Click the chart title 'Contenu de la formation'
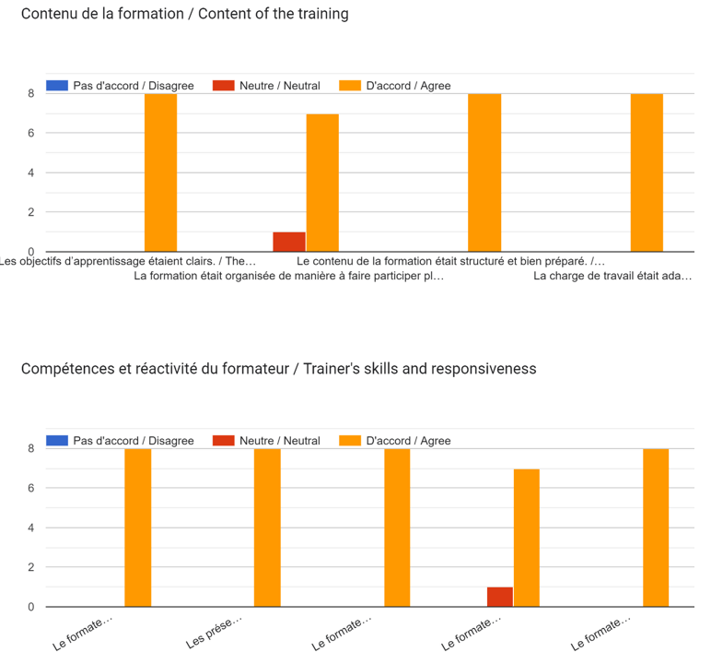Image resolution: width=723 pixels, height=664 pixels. tap(184, 15)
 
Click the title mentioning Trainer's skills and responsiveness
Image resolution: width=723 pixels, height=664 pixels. tap(278, 369)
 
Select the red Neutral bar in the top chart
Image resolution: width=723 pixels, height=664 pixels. tap(288, 242)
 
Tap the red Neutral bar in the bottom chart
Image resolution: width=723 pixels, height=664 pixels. tap(499, 597)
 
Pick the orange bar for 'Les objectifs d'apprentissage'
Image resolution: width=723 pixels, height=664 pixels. tap(160, 172)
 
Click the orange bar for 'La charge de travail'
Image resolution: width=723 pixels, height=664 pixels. tap(647, 172)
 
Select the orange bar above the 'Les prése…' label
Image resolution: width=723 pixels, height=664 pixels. tap(267, 528)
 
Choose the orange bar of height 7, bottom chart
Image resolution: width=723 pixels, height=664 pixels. tap(526, 538)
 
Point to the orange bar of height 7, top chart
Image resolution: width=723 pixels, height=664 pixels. tap(322, 183)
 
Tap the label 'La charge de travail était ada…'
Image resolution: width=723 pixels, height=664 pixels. tap(612, 276)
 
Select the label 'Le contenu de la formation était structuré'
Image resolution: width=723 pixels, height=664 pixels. tap(450, 262)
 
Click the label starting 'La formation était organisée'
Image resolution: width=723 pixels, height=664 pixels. tap(288, 276)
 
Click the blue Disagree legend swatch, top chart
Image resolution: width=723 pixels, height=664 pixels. tap(57, 86)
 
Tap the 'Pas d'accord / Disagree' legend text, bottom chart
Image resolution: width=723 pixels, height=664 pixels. tap(134, 441)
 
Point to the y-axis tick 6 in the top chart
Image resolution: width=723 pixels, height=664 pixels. tap(30, 133)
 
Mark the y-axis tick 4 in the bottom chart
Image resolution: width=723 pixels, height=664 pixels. tap(30, 528)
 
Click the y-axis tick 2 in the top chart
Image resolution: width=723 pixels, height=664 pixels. tap(30, 212)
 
